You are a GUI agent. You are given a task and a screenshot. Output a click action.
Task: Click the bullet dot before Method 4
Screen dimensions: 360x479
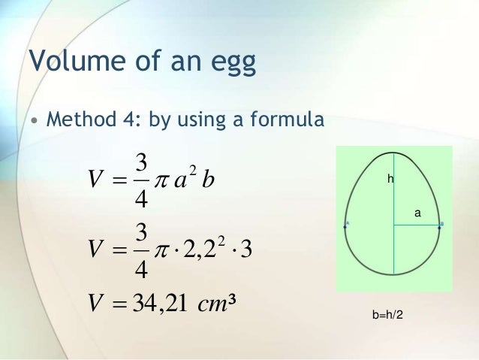(x=34, y=121)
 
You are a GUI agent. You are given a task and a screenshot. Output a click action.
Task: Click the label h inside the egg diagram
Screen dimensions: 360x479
(x=390, y=179)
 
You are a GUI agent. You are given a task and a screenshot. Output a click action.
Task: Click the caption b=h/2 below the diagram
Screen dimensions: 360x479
(x=387, y=313)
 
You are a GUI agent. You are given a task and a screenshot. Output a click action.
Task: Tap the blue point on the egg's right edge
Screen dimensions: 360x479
(x=441, y=224)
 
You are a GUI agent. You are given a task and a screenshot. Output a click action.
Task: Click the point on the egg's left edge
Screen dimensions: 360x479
(x=346, y=224)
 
